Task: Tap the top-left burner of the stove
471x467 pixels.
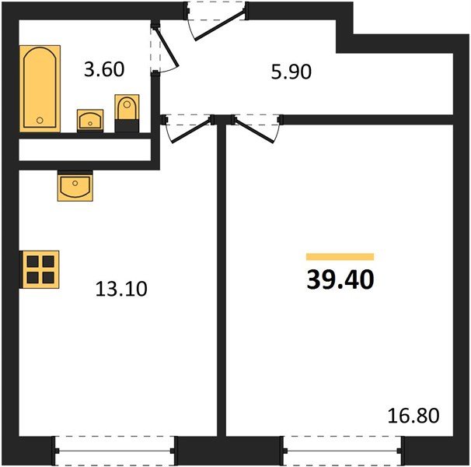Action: (x=32, y=262)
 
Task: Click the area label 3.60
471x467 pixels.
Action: (x=103, y=69)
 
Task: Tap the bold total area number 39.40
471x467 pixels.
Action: (x=340, y=279)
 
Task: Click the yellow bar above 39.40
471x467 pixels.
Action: (x=340, y=256)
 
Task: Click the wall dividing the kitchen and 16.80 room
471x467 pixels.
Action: (x=222, y=288)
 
